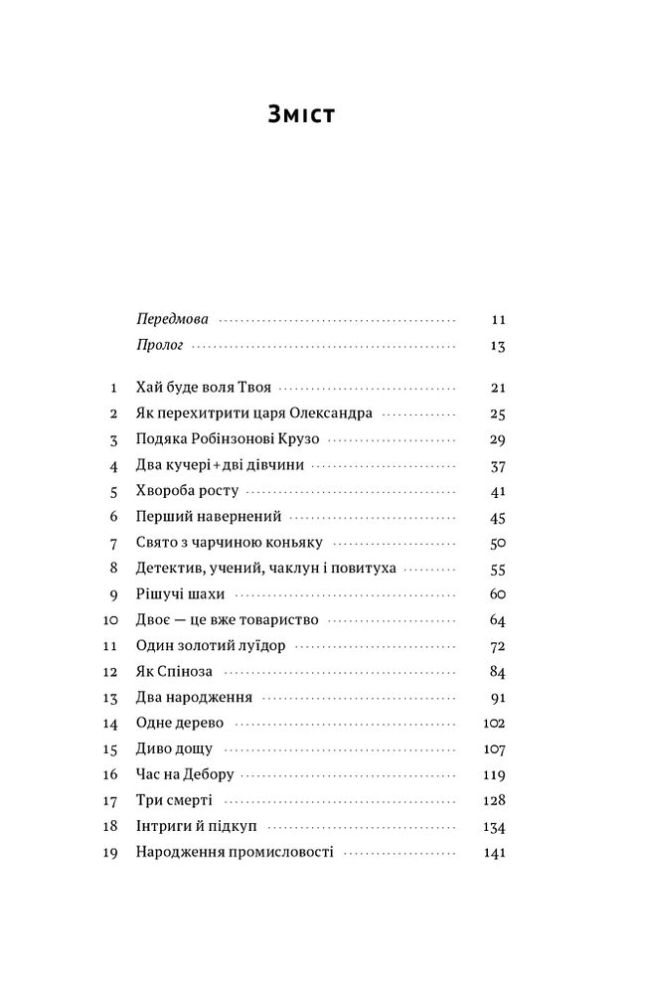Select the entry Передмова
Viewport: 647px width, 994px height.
171,321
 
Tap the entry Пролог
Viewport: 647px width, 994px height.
157,347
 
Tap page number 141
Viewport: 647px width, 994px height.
494,853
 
